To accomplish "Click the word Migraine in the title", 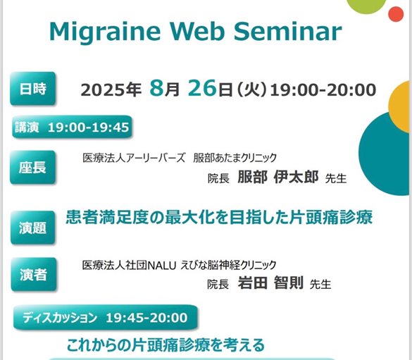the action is (105, 32).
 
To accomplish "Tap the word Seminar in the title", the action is (288, 31).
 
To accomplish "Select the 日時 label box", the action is (33, 89).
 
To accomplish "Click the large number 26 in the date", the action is (203, 88).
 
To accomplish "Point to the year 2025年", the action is (111, 89).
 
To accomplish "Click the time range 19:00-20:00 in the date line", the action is (323, 89).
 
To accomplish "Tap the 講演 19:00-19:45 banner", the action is (72, 128).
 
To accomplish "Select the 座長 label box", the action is (33, 167).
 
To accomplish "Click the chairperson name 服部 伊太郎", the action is (278, 177).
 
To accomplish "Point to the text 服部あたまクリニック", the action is (235, 158).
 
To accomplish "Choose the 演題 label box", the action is (33, 228).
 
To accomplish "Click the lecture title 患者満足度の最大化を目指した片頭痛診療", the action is (219, 217).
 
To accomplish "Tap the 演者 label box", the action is (34, 274).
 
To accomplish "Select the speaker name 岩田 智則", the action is (270, 283).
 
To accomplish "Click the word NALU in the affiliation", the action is (162, 266).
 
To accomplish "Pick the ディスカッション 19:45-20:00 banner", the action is (106, 318).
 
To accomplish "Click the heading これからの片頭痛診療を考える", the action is (166, 345).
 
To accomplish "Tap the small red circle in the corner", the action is (396, 14).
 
